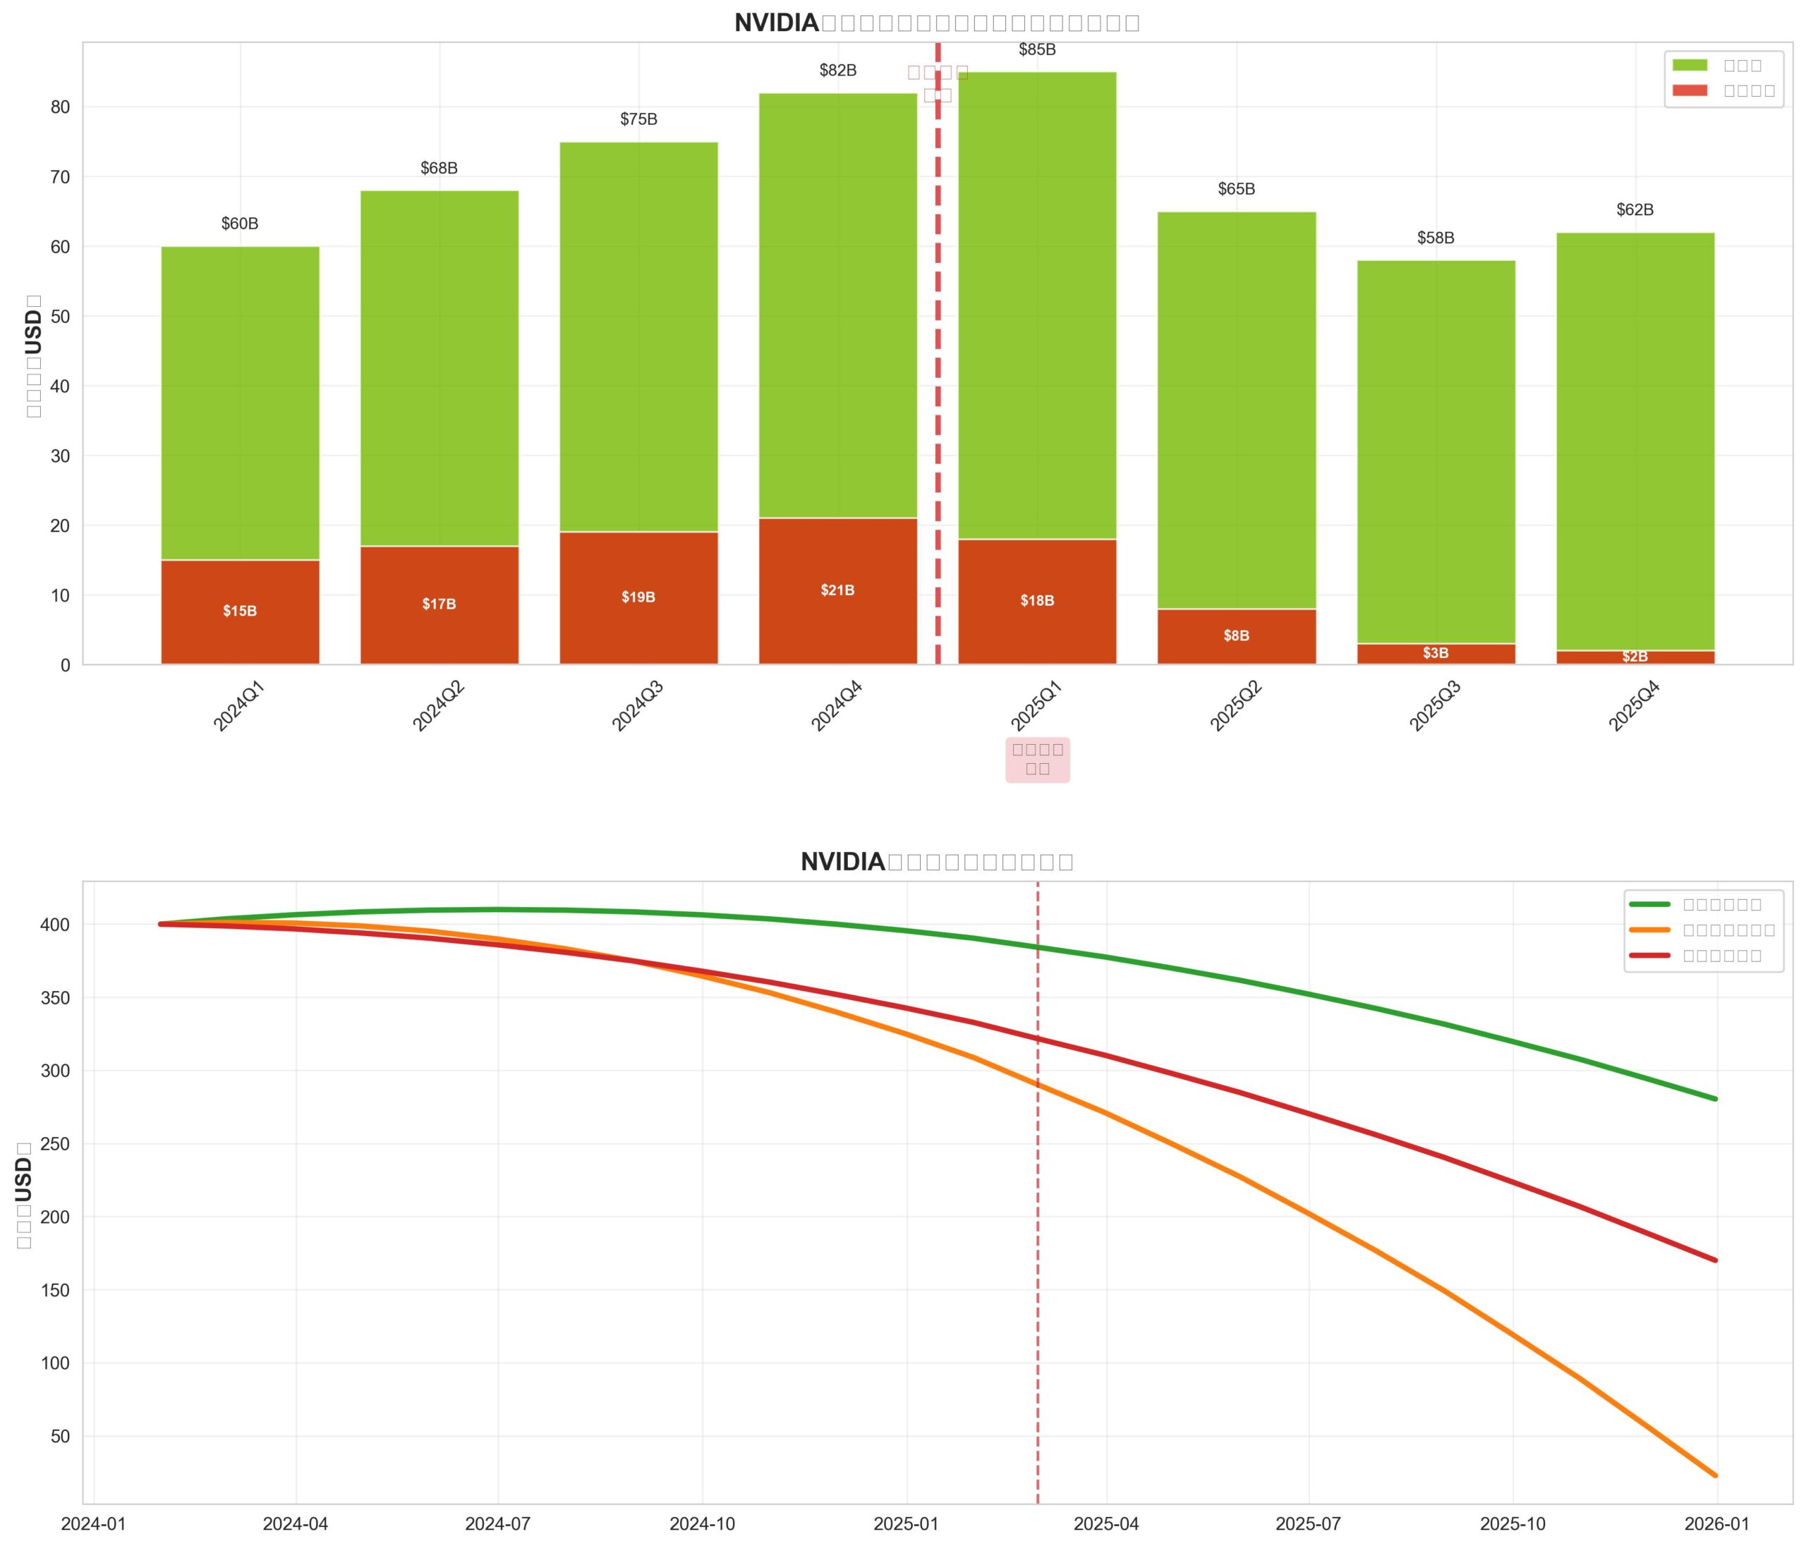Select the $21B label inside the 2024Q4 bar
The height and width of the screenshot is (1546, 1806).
[837, 591]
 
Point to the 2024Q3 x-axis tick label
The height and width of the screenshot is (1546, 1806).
[638, 707]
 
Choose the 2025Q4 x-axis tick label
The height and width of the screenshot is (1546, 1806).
[1635, 707]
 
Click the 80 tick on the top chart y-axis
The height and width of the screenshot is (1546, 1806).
[60, 107]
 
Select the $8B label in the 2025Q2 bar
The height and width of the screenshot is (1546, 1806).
[1236, 636]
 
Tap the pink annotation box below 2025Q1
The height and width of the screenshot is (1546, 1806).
[1037, 759]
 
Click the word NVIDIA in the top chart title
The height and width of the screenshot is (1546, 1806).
[777, 23]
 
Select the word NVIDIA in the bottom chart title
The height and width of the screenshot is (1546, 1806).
[843, 862]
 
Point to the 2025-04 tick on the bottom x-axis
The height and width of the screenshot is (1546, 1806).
[1106, 1524]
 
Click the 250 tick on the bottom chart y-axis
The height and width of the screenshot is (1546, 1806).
[55, 1143]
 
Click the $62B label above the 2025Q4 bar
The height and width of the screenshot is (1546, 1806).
[1635, 210]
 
